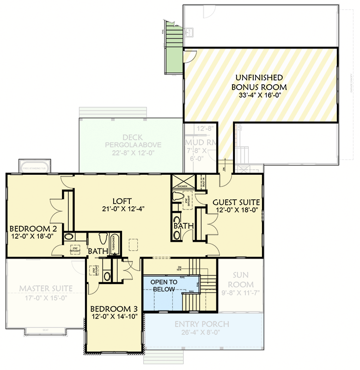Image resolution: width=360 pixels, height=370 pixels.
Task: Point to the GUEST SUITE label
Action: (236, 202)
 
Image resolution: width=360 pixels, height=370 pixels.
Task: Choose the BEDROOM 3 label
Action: (114, 309)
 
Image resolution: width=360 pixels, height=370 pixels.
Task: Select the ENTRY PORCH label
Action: (201, 324)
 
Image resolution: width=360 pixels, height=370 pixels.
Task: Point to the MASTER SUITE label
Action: (46, 289)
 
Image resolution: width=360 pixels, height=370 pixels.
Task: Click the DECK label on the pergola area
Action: (133, 137)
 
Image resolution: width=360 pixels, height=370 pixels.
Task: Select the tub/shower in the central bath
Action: (116, 243)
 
